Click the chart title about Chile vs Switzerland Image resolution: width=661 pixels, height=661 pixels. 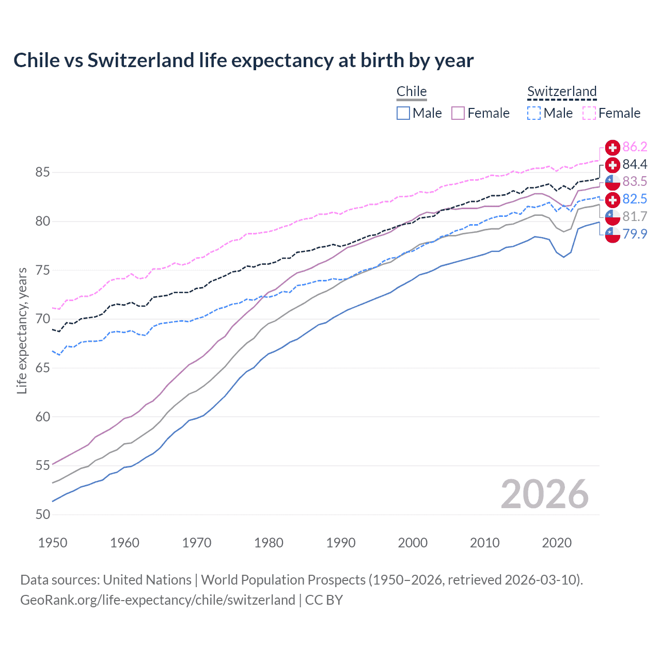pyautogui.click(x=243, y=60)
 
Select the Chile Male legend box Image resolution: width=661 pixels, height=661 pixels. pyautogui.click(x=403, y=113)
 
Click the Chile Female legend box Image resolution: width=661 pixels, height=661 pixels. pyautogui.click(x=458, y=113)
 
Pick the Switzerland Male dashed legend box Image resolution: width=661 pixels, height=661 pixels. pyautogui.click(x=534, y=113)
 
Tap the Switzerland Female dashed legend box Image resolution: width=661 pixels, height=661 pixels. pyautogui.click(x=589, y=113)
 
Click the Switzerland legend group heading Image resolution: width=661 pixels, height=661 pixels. pyautogui.click(x=562, y=91)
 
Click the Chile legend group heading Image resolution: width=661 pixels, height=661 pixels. pyautogui.click(x=412, y=91)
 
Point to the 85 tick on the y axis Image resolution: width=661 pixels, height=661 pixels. pyautogui.click(x=42, y=172)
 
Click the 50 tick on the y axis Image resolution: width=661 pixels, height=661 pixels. pyautogui.click(x=42, y=514)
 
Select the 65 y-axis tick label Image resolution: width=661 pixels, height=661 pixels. pyautogui.click(x=42, y=368)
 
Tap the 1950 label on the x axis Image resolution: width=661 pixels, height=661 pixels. pyautogui.click(x=53, y=543)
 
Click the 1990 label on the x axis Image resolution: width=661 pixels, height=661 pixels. pyautogui.click(x=341, y=543)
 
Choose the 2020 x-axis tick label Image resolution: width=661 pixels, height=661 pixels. pyautogui.click(x=557, y=543)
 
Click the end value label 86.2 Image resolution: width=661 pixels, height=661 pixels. pyautogui.click(x=635, y=147)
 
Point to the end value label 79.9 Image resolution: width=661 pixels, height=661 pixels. pyautogui.click(x=635, y=234)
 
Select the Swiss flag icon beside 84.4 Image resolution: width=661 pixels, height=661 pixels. pyautogui.click(x=612, y=165)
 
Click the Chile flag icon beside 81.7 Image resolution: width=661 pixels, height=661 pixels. pyautogui.click(x=612, y=217)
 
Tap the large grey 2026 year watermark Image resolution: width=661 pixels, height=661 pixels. pyautogui.click(x=545, y=494)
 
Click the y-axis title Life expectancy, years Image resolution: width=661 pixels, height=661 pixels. pyautogui.click(x=22, y=330)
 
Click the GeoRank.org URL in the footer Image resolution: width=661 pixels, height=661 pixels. pyautogui.click(x=158, y=600)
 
